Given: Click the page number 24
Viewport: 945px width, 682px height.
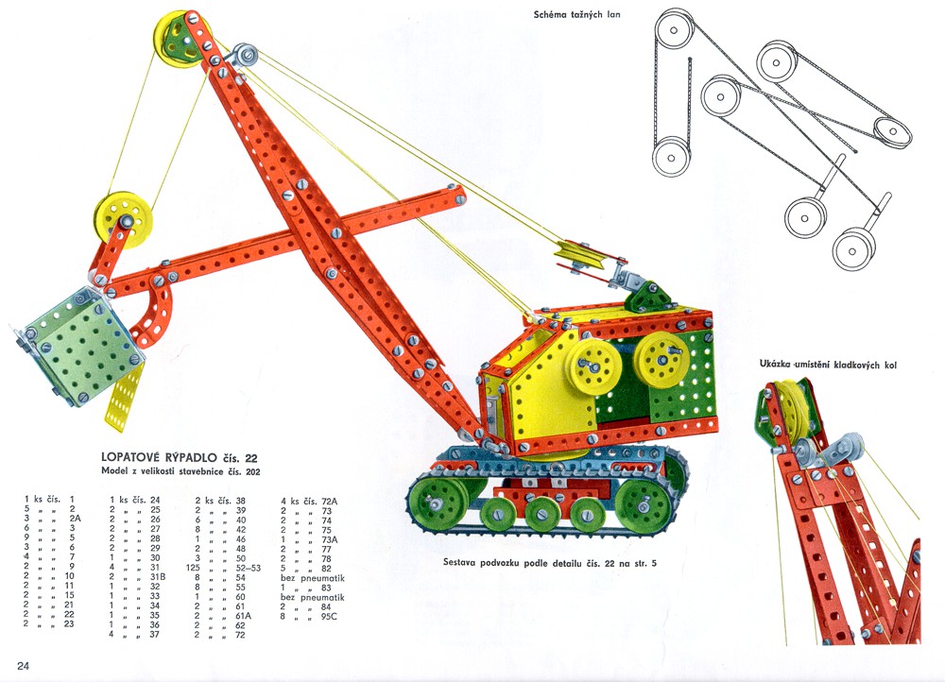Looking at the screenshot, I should click(22, 666).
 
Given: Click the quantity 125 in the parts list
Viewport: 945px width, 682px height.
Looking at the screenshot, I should click(203, 568).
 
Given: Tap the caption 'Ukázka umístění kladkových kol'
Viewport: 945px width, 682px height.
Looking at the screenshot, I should click(827, 364).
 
